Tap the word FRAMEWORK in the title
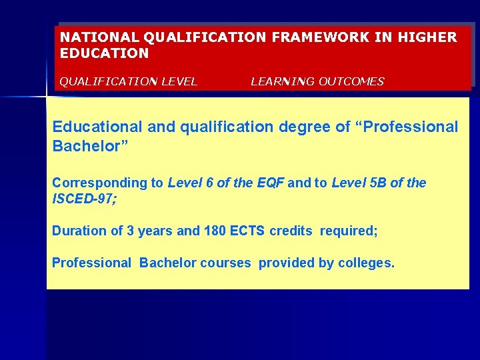coord(317,37)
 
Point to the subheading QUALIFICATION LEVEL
coord(129,81)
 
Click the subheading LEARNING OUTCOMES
coord(317,81)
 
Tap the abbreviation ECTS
coord(248,231)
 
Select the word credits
coord(291,231)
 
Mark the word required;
coord(349,231)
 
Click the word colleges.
coord(366,263)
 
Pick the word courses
coord(225,263)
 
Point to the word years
coord(154,231)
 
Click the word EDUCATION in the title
coord(105,53)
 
